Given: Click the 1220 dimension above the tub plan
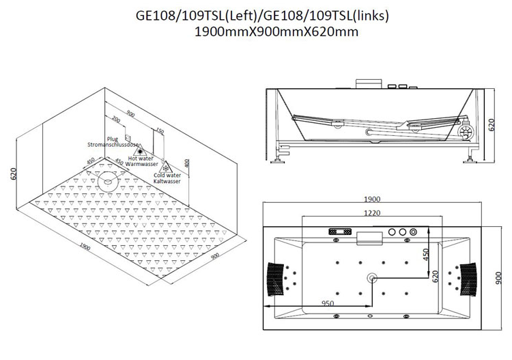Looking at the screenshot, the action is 372,213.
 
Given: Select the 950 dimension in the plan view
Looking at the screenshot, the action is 328,303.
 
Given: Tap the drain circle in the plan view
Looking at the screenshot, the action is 372,278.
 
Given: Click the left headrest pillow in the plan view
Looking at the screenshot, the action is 276,279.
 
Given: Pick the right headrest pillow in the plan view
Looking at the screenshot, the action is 468,279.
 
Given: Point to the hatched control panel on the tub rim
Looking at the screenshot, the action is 340,232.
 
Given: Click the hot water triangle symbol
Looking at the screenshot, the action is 141,150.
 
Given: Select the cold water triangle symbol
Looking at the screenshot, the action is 166,167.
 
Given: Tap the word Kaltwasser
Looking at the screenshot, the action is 167,181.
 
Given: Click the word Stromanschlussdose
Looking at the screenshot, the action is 113,144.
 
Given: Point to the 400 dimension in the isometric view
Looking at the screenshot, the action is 187,163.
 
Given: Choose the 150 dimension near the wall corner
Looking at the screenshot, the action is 159,130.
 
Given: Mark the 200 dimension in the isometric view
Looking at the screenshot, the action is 116,119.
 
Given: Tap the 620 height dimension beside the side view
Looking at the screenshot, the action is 492,124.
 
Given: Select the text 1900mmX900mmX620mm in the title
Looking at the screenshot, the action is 276,31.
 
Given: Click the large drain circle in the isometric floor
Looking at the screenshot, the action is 107,181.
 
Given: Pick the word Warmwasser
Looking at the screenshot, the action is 141,164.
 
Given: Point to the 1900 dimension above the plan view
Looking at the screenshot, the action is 372,199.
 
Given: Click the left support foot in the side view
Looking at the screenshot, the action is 279,159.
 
